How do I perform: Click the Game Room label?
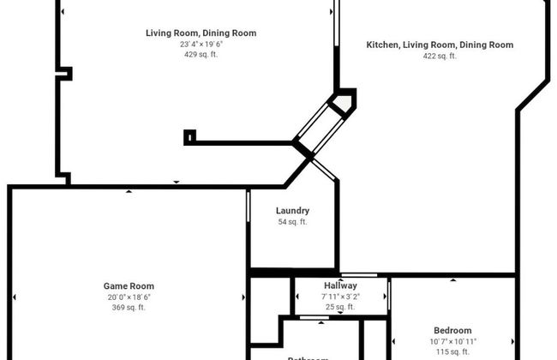pos(129,286)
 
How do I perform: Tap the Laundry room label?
pos(292,211)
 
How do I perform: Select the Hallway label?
pos(340,285)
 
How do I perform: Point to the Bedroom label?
pos(452,331)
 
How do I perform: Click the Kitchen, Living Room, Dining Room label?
pos(440,45)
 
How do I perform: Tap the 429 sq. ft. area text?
pos(201,55)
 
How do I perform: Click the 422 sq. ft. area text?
pos(440,56)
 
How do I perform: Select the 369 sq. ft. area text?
pos(129,308)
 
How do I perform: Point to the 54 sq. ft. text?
pos(292,222)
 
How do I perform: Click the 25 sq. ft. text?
pos(340,307)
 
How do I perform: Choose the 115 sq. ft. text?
pos(452,352)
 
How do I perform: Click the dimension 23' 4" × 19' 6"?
pos(201,45)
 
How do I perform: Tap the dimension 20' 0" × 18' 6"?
pos(129,297)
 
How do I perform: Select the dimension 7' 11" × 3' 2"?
pos(340,297)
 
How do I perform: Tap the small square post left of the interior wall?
pos(189,135)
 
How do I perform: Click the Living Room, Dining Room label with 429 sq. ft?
pos(201,33)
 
